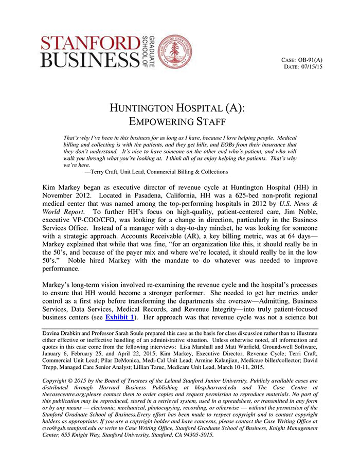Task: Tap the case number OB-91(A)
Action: (310, 60)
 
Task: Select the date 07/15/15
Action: (311, 67)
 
